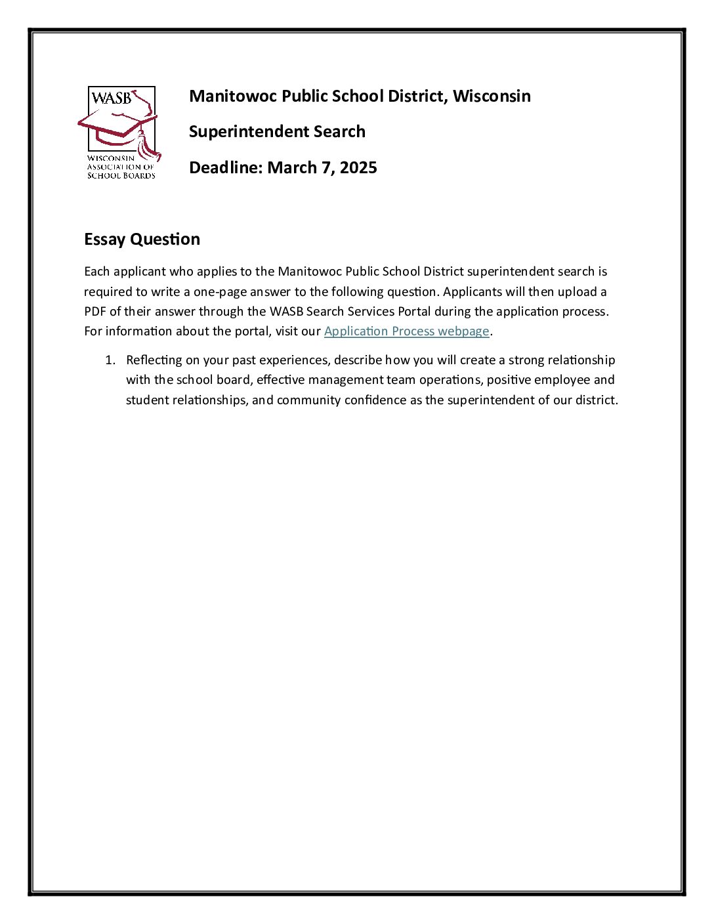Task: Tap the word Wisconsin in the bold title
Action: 492,96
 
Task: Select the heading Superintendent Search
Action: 277,131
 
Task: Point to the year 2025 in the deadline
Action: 358,167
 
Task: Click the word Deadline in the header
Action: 224,167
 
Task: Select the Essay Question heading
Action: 142,239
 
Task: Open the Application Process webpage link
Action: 407,331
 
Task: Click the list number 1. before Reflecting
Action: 110,360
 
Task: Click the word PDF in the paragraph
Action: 95,311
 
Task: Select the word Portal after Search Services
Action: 414,311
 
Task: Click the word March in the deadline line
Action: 291,167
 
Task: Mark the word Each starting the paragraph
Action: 97,271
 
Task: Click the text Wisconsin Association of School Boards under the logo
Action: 121,167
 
